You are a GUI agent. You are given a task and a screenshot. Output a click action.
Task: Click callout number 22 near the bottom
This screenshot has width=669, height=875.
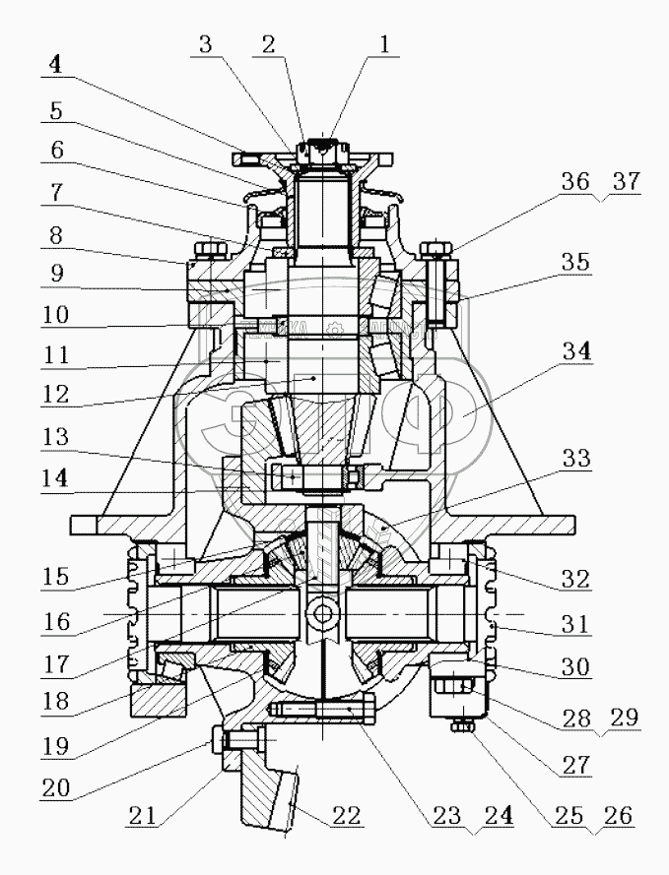pos(348,816)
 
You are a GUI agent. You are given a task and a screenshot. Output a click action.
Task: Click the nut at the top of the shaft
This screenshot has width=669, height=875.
pos(322,151)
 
